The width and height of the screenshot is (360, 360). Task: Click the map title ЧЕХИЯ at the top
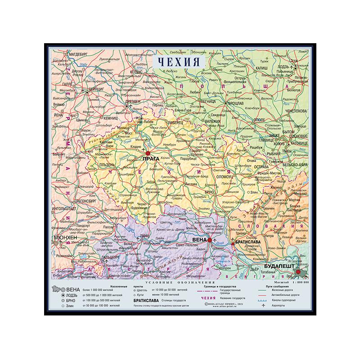click(x=179, y=61)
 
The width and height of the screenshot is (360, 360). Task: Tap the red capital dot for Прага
click(x=148, y=153)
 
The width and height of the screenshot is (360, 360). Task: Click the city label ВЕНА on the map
click(x=199, y=239)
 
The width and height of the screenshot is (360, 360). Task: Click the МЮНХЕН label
click(x=66, y=237)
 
